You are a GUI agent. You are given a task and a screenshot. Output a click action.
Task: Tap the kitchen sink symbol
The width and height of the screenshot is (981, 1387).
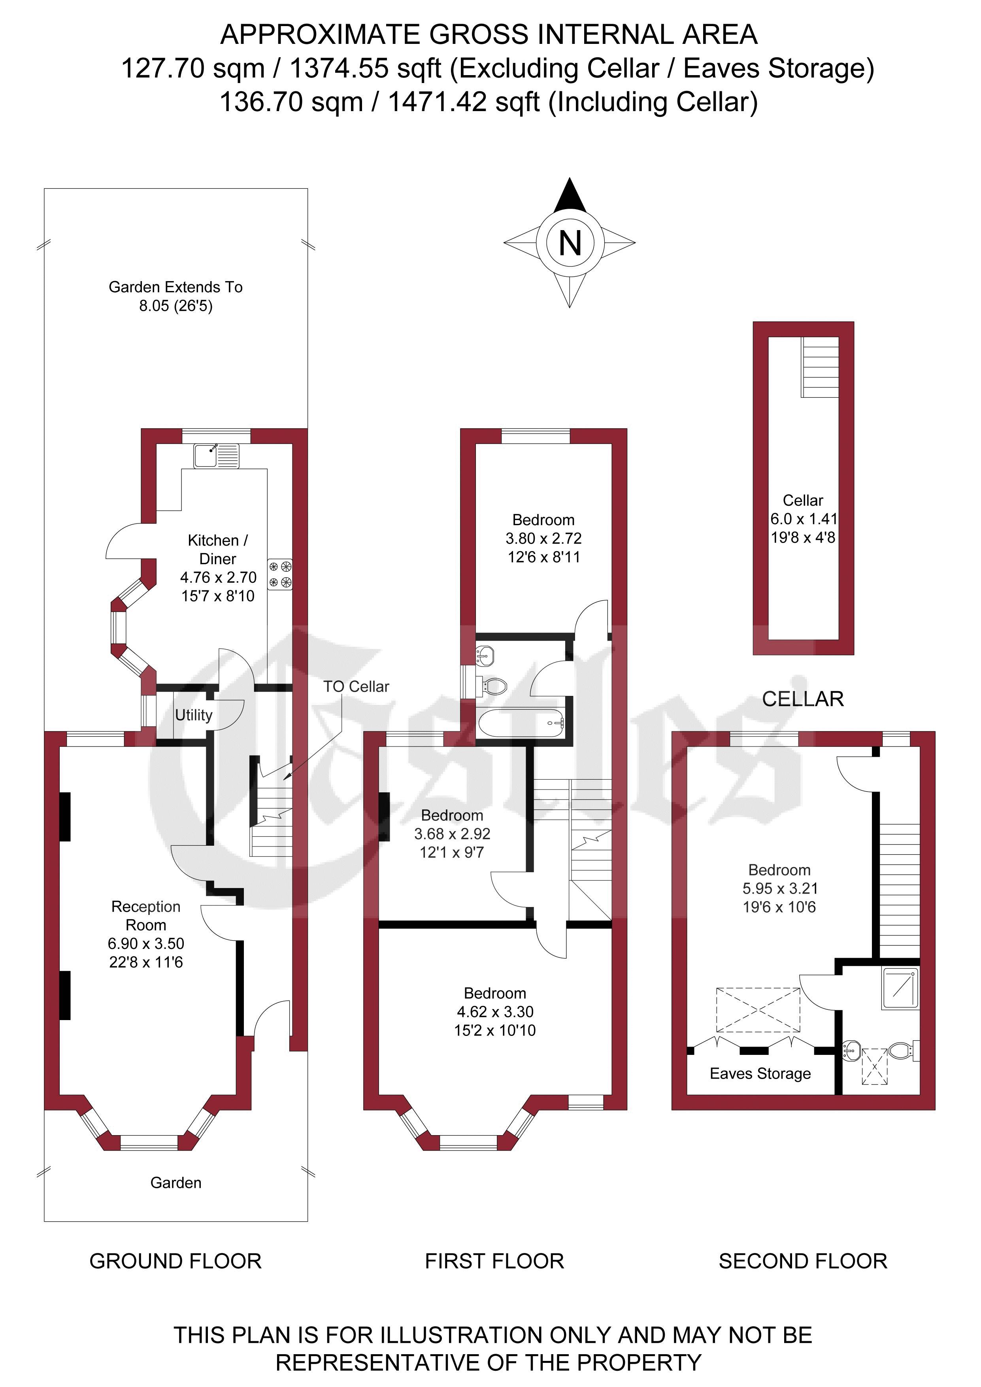click(216, 456)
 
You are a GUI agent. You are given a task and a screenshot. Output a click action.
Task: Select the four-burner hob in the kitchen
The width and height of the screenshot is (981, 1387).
click(280, 574)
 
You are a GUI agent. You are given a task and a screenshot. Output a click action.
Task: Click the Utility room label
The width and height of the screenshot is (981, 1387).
click(194, 715)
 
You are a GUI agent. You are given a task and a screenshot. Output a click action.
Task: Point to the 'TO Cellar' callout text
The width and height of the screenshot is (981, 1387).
click(357, 686)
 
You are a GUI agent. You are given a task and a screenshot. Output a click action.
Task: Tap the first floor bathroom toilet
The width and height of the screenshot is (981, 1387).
click(492, 686)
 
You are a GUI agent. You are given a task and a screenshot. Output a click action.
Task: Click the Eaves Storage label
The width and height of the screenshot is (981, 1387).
click(760, 1073)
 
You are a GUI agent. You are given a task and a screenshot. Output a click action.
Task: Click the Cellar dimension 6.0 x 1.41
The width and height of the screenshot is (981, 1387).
click(804, 518)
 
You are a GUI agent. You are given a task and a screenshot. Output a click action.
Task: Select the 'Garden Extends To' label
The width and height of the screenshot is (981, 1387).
click(176, 287)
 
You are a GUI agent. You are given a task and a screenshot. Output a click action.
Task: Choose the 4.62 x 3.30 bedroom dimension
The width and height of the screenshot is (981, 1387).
click(495, 1012)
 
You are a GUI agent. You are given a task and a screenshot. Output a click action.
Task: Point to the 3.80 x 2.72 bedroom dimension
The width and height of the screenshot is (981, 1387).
click(543, 538)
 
